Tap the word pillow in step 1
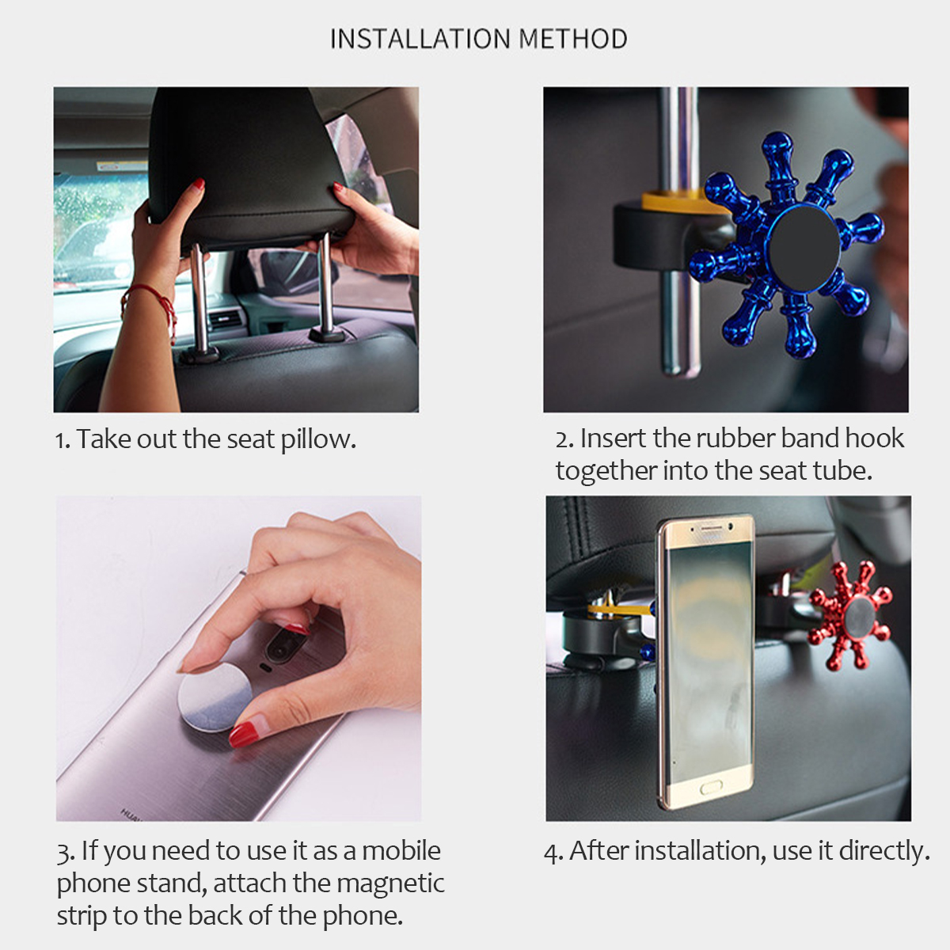(x=318, y=439)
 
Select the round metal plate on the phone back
(x=215, y=697)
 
